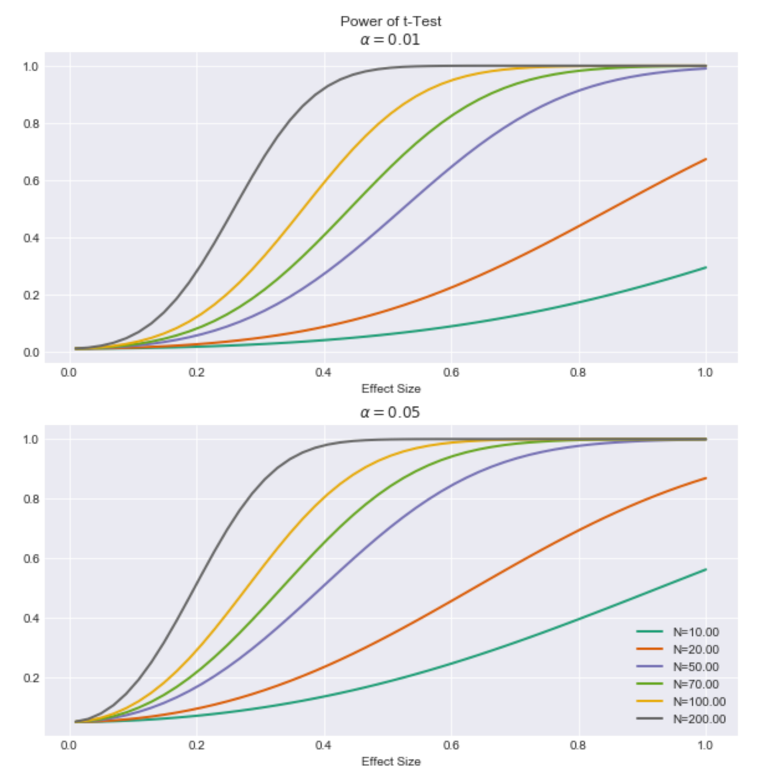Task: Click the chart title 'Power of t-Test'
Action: [x=391, y=21]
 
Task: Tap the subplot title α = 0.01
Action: [x=390, y=40]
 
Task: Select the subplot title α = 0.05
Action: [x=390, y=413]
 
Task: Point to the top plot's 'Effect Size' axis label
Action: [x=391, y=389]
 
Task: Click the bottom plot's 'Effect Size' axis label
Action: [x=391, y=762]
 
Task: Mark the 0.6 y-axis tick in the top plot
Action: [x=30, y=181]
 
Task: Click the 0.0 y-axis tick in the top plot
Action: [x=30, y=352]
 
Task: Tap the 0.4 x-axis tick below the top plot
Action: [x=324, y=373]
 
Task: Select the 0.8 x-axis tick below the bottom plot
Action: [x=578, y=746]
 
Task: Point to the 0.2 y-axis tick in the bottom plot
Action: [x=30, y=678]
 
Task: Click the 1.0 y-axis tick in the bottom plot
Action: [x=30, y=439]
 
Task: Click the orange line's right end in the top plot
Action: [x=706, y=159]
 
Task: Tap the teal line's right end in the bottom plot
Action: [x=706, y=569]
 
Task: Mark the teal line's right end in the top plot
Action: [x=706, y=267]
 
